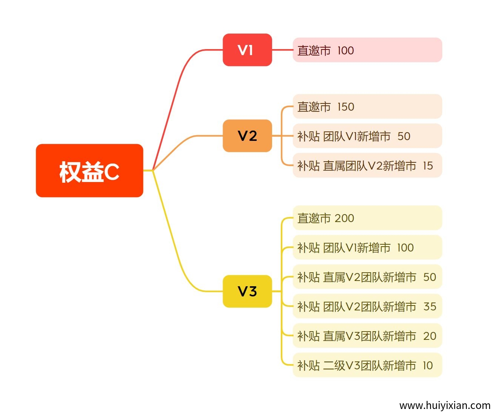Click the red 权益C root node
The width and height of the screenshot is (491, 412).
pyautogui.click(x=89, y=171)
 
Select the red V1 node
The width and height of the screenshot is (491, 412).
pyautogui.click(x=247, y=50)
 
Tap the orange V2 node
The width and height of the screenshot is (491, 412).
pyautogui.click(x=247, y=136)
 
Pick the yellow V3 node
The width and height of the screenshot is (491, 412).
pyautogui.click(x=247, y=291)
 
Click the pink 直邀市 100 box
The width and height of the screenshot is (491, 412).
pyautogui.click(x=367, y=50)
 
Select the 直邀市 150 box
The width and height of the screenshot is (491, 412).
pyautogui.click(x=367, y=106)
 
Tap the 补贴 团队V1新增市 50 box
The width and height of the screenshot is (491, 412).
pyautogui.click(x=367, y=136)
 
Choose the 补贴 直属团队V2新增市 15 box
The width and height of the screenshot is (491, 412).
pyautogui.click(x=367, y=165)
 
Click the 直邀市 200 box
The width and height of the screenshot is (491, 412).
pyautogui.click(x=367, y=218)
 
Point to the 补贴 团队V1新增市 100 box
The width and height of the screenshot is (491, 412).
pyautogui.click(x=367, y=247)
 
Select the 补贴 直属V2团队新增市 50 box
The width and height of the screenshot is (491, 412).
pyautogui.click(x=367, y=277)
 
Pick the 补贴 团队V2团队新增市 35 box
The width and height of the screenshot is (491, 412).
pyautogui.click(x=367, y=306)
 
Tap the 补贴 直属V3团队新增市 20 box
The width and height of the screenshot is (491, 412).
pyautogui.click(x=367, y=336)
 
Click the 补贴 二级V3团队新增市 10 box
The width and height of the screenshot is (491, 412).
pyautogui.click(x=367, y=365)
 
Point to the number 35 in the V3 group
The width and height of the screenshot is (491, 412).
pyautogui.click(x=429, y=306)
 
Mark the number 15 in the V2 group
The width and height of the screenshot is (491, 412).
pyautogui.click(x=428, y=165)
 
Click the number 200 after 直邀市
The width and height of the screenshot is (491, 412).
pyautogui.click(x=344, y=218)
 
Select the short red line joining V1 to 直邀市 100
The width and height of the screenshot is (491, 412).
pyautogui.click(x=282, y=50)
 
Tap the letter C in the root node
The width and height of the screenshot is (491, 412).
pyautogui.click(x=112, y=172)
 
